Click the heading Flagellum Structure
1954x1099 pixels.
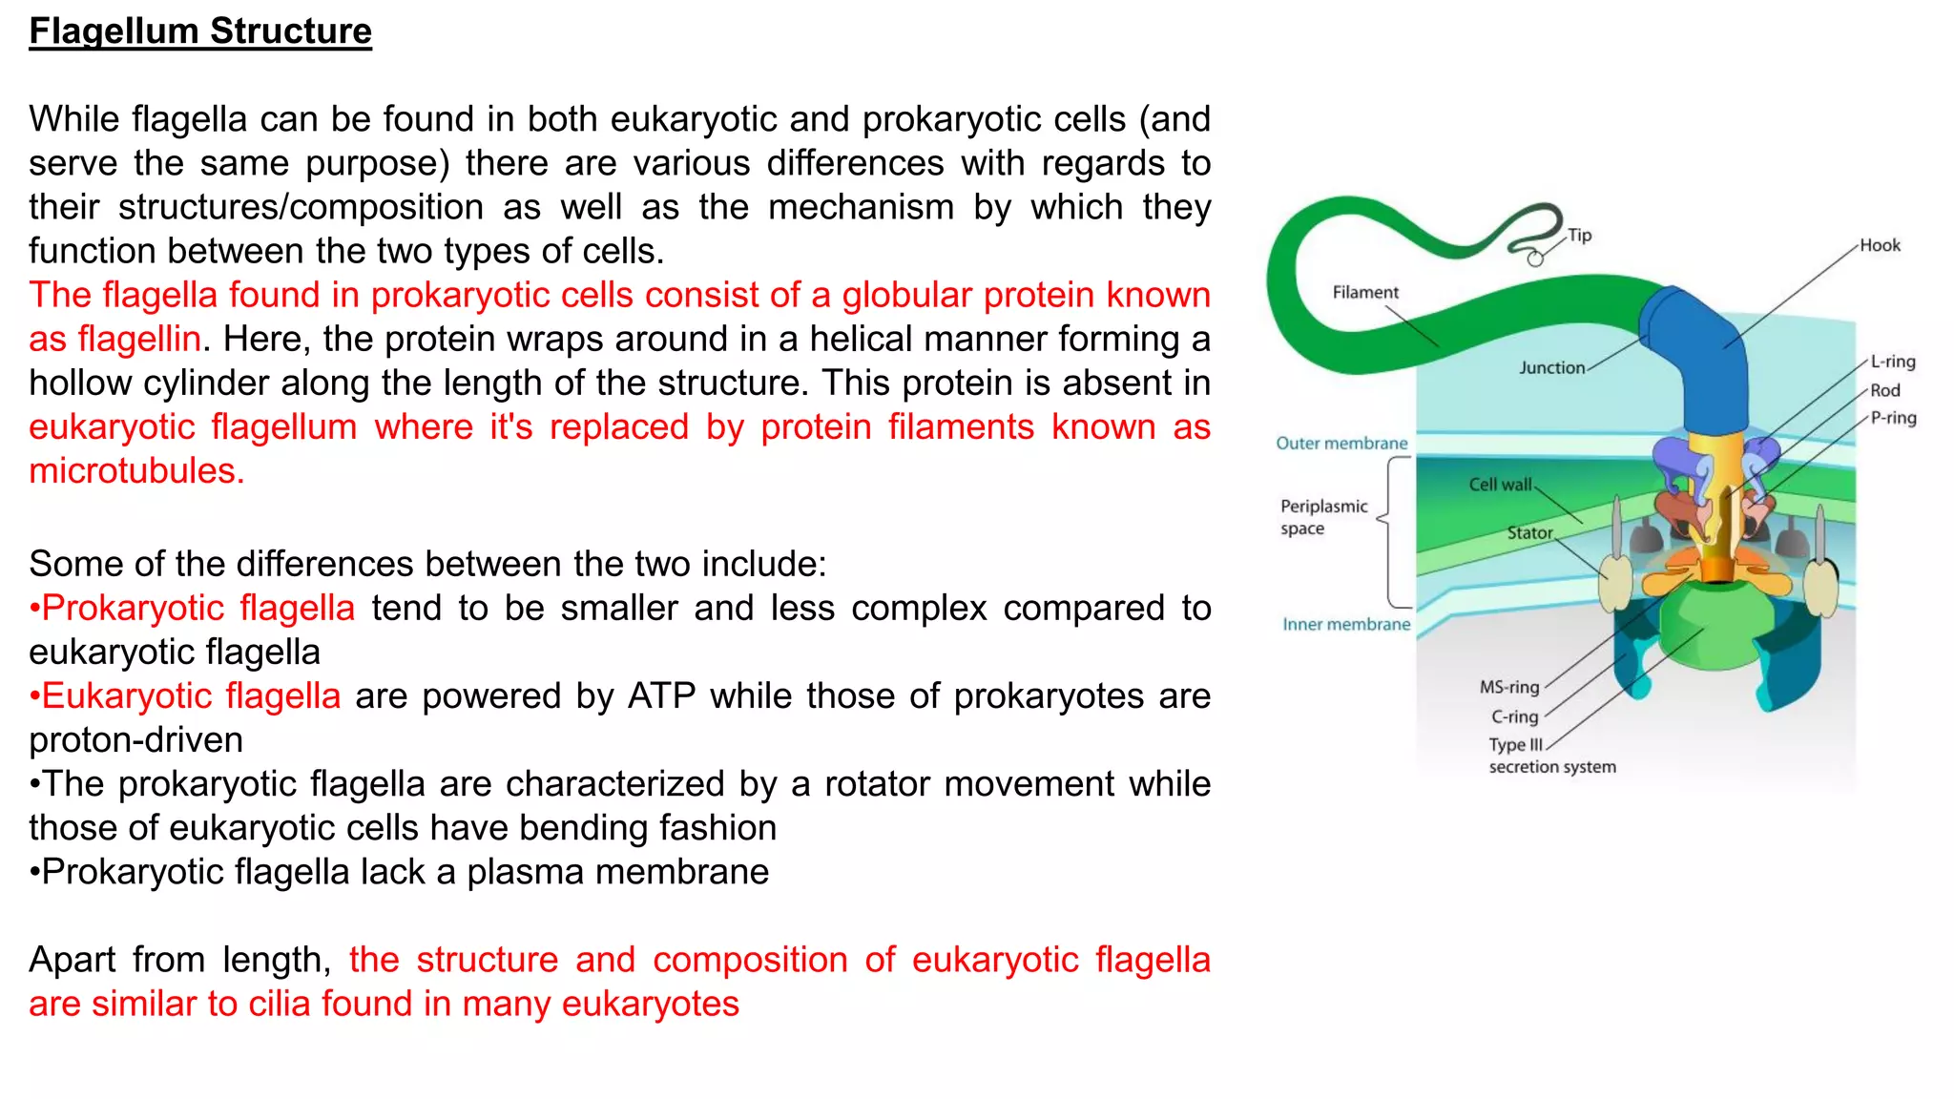pos(200,31)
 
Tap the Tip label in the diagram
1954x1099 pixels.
pos(1579,235)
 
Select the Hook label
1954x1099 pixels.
pos(1879,245)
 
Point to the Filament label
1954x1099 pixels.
pos(1364,292)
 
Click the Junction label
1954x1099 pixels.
pos(1551,367)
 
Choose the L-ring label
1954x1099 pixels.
pos(1892,362)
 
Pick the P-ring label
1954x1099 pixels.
pos(1893,418)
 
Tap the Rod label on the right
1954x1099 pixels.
pos(1884,390)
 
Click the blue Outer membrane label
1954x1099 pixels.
pos(1341,443)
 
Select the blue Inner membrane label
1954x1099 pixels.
pos(1345,624)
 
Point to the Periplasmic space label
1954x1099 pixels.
pos(1322,517)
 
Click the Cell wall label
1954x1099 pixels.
pos(1500,485)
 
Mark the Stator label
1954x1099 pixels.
pos(1529,532)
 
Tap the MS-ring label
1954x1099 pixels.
pos(1508,687)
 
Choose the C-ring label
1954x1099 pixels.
pos(1514,716)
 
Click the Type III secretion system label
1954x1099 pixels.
pos(1550,756)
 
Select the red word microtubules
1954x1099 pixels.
pos(136,470)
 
